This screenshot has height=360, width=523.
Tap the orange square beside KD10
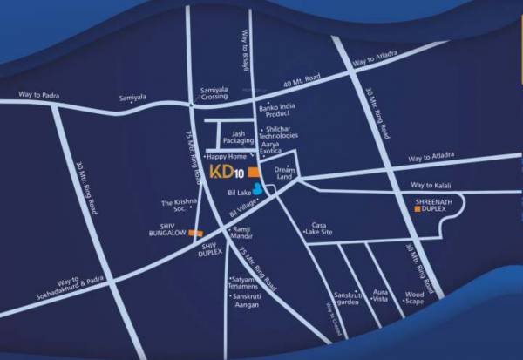tap(253, 172)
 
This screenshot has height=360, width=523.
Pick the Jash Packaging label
tap(238, 135)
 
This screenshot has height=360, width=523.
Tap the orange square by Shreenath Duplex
tap(418, 209)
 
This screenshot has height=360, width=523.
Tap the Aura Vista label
tap(381, 295)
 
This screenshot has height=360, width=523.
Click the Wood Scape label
tap(414, 297)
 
